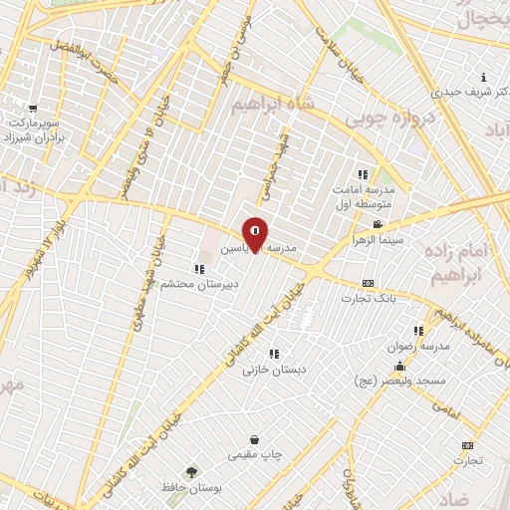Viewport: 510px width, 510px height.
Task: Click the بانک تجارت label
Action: [369, 298]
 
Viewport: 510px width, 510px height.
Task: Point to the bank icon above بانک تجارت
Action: [368, 284]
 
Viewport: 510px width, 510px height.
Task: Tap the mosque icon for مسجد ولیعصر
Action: [400, 366]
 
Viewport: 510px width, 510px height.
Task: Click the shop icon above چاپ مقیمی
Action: [255, 439]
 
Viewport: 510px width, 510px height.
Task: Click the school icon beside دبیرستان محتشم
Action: [200, 268]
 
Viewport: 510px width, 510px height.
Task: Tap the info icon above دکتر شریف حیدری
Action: [484, 78]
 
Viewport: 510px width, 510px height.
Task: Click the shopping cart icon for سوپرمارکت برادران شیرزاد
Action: [34, 109]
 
